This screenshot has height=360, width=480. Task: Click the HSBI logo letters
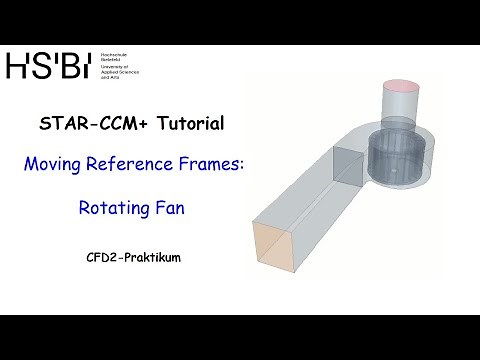click(x=47, y=65)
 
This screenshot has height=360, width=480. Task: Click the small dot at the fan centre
click(x=393, y=184)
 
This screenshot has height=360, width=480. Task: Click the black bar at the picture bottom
click(x=240, y=337)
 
